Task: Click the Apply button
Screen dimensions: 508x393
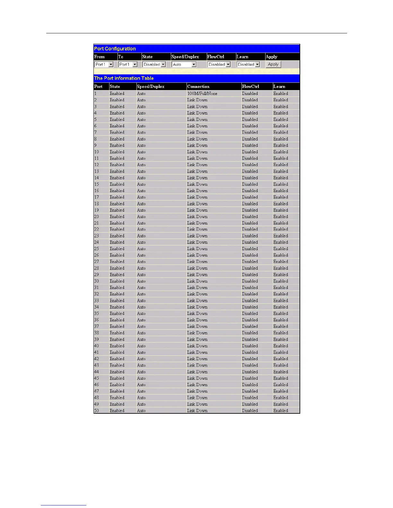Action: [273, 64]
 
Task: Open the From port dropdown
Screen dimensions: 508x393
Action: [104, 64]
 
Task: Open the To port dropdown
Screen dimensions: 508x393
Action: [128, 64]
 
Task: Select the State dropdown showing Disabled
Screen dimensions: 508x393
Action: [154, 64]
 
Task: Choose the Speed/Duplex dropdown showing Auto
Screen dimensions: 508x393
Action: [184, 64]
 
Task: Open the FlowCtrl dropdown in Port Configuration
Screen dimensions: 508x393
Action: [219, 64]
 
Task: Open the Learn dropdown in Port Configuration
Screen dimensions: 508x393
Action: [248, 64]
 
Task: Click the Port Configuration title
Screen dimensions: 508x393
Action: [115, 49]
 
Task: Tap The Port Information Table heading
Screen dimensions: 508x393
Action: [124, 78]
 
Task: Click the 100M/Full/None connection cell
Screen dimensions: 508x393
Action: [202, 94]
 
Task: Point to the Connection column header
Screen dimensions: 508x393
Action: [198, 87]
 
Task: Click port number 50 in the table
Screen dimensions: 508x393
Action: [97, 411]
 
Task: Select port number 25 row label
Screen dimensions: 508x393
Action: [97, 249]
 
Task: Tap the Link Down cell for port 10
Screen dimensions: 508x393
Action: [197, 152]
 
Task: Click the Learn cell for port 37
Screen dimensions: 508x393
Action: [281, 326]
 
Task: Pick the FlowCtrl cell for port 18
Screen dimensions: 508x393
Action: [250, 204]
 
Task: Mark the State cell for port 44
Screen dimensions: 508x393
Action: [117, 372]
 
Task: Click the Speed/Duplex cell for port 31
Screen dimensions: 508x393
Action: [141, 288]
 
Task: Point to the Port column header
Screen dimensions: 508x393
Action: [98, 87]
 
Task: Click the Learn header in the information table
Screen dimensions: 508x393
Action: [279, 87]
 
